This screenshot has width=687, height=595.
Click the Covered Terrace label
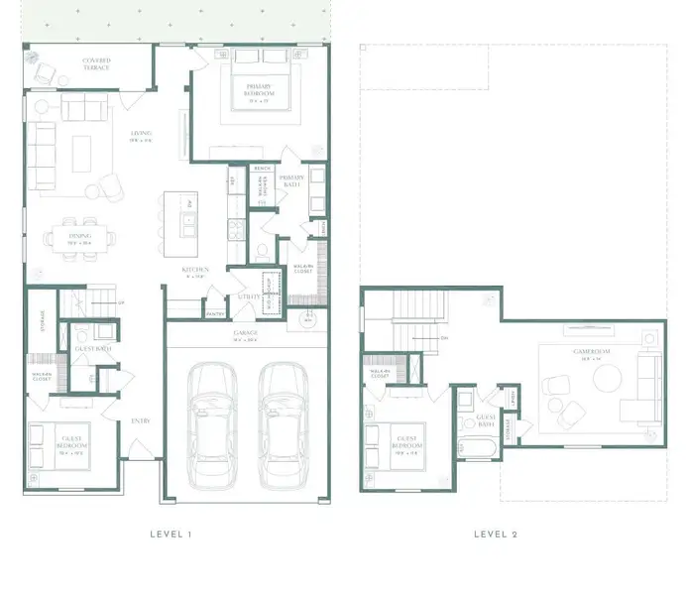point(96,64)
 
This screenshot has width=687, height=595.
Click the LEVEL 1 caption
point(170,535)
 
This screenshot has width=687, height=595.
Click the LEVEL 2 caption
point(496,535)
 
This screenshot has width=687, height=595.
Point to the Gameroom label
point(589,354)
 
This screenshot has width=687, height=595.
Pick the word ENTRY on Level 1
point(140,421)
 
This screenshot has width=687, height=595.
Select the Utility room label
point(248,296)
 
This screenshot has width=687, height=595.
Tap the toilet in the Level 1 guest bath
point(81,335)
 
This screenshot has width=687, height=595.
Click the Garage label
point(245,334)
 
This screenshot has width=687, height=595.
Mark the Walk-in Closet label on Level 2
point(381,375)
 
